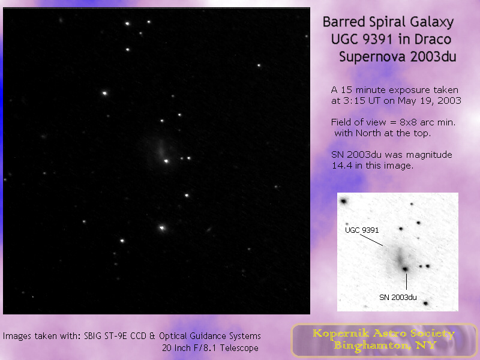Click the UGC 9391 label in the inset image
point(362,230)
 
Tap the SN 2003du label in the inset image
point(398,297)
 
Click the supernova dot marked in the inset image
point(406,269)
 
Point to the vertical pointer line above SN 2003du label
point(407,281)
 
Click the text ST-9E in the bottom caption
point(116,336)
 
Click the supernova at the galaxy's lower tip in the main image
point(166,161)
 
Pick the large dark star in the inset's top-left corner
point(344,202)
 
